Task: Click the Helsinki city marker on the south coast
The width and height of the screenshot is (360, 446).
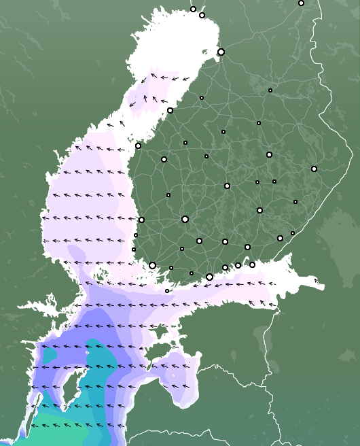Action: coord(209,277)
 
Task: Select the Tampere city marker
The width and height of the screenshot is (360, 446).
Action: coord(185,219)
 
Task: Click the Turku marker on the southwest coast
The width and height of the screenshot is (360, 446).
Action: coord(153,265)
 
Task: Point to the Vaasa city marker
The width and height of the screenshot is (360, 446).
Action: coord(138,145)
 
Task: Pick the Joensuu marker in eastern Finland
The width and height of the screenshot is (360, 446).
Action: coord(314,169)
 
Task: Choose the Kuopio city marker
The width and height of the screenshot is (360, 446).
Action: coord(269,154)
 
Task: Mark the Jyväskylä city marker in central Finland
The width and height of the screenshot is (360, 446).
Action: coord(227,186)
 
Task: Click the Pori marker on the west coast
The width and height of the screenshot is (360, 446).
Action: coord(141,220)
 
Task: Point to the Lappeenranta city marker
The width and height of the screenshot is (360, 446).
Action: coord(280,238)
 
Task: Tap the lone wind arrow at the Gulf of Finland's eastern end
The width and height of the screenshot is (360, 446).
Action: coord(317,279)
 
